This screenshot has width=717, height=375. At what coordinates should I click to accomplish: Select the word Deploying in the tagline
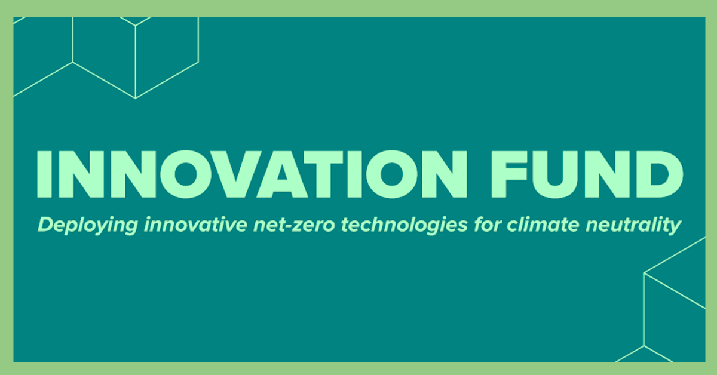pyautogui.click(x=78, y=226)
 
